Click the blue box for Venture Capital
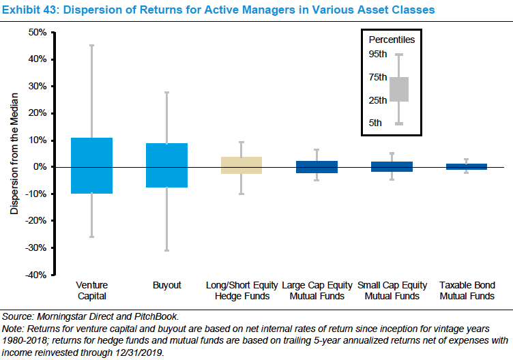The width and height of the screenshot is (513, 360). [x=91, y=166]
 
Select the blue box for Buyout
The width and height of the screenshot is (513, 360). [x=167, y=165]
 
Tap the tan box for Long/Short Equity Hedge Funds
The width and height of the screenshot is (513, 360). [x=241, y=165]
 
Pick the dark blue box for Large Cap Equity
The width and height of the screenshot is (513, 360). [x=317, y=167]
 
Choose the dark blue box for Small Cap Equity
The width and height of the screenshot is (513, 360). [x=392, y=166]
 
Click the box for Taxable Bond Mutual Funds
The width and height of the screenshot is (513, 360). [x=467, y=166]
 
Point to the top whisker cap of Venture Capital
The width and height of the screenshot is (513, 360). [x=91, y=45]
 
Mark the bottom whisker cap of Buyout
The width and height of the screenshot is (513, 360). [x=167, y=250]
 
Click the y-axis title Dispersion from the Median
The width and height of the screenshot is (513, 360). [x=14, y=153]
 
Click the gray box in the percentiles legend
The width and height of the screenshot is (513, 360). [x=399, y=89]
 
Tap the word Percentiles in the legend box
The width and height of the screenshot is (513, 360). [x=392, y=40]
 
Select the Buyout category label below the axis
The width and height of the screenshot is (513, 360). [x=167, y=285]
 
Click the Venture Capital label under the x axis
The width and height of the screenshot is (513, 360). [x=91, y=290]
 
